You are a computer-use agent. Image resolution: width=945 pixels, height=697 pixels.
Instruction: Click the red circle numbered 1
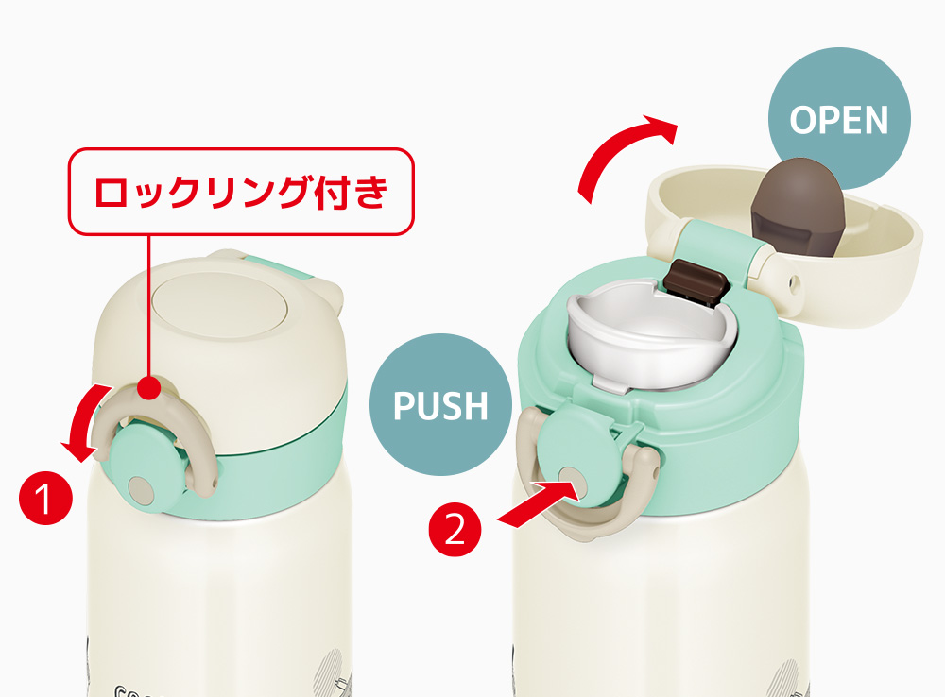coord(45,498)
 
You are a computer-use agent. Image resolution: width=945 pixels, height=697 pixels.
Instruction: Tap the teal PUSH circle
coord(440,405)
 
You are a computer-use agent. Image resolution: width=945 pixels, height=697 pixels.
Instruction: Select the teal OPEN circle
coord(839,119)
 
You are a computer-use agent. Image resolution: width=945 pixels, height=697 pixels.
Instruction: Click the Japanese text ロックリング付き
coord(241,192)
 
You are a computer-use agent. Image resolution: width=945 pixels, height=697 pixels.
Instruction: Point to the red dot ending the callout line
coord(149,387)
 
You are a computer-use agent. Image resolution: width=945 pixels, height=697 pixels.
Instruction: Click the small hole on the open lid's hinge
coord(794,281)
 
